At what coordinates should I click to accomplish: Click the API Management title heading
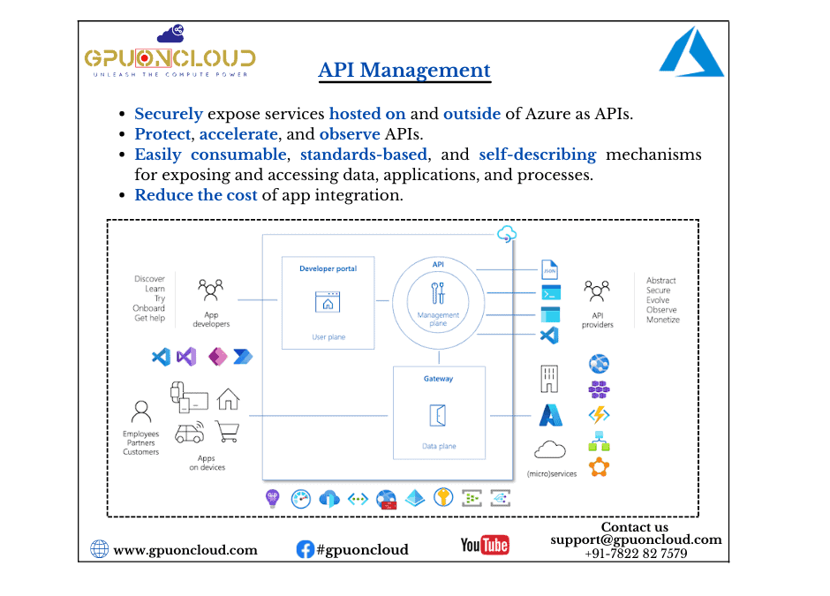(404, 70)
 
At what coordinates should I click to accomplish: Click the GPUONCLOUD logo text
(170, 58)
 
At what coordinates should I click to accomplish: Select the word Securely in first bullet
(169, 114)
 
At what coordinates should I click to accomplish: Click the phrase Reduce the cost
(196, 195)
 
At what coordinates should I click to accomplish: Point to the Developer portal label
(328, 268)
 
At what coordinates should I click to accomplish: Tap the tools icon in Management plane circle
(438, 292)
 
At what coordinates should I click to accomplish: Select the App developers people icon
(210, 290)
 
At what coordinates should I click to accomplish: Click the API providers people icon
(597, 290)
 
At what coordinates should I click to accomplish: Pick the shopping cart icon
(228, 431)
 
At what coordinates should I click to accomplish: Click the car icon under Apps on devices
(189, 433)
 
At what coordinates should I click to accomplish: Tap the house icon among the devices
(228, 399)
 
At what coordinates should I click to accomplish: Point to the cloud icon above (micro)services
(551, 449)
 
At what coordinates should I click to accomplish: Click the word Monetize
(663, 320)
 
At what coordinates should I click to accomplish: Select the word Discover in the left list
(149, 279)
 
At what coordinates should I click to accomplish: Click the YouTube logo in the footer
(485, 545)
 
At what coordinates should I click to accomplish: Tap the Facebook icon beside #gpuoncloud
(305, 549)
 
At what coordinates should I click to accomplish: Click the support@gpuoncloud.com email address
(636, 539)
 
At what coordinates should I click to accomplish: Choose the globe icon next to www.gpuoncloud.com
(100, 549)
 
